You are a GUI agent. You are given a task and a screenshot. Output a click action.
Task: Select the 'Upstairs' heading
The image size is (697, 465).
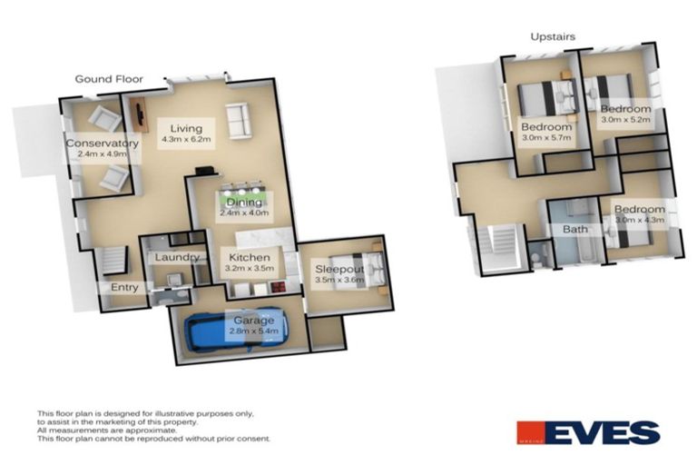[x=552, y=36]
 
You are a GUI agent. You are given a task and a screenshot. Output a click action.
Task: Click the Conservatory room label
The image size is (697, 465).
[x=102, y=143]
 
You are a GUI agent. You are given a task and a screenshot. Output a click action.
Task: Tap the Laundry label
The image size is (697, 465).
[x=177, y=257]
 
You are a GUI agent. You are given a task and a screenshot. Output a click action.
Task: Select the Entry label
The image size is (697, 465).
[x=124, y=288]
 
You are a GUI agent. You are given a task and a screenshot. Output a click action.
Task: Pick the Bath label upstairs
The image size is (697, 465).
[x=575, y=230]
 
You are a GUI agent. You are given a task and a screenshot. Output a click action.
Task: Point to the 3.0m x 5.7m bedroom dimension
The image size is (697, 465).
[x=546, y=138]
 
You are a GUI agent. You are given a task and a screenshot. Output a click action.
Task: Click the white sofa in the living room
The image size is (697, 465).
[x=239, y=121]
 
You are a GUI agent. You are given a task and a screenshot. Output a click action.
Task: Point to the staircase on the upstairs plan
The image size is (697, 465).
[x=498, y=245]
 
